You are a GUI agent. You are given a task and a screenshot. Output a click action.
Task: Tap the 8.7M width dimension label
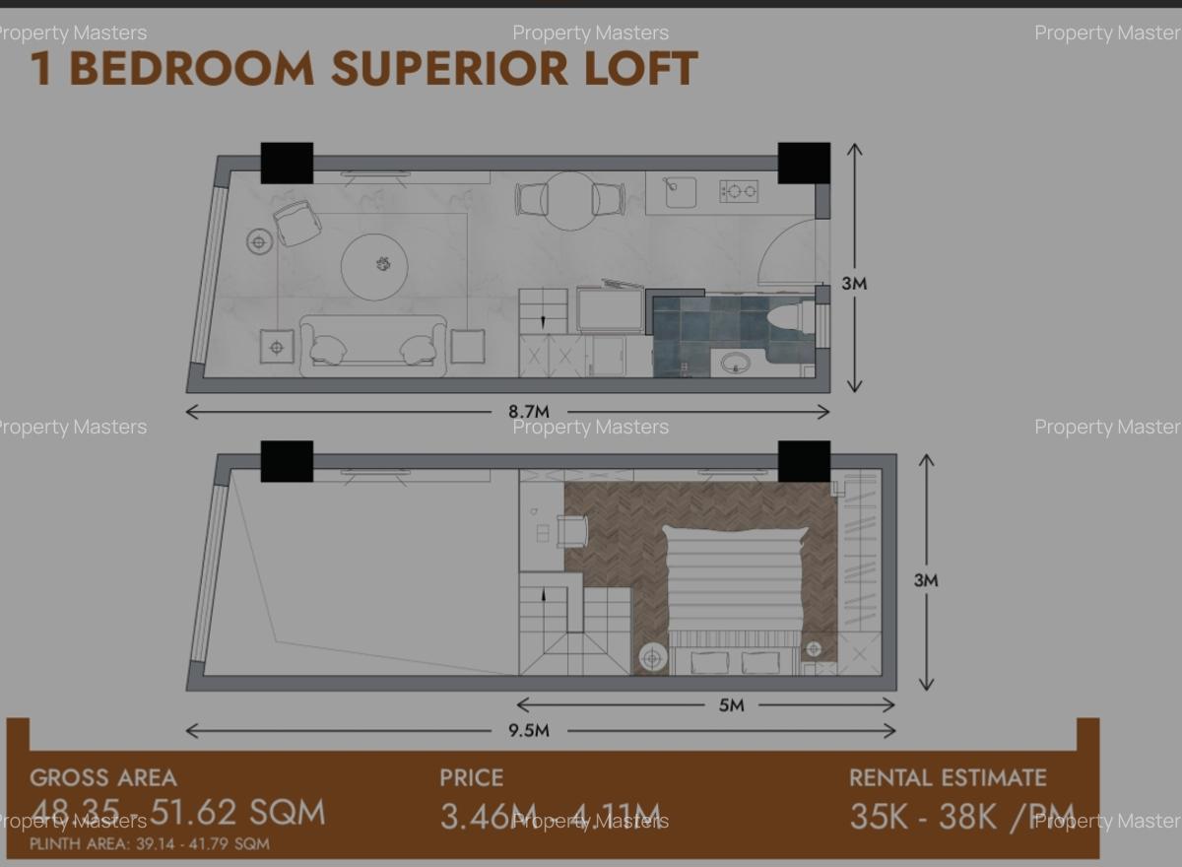(x=529, y=412)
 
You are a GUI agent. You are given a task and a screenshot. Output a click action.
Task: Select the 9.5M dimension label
(x=529, y=731)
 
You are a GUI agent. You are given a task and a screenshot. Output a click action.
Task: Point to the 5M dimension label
(x=731, y=705)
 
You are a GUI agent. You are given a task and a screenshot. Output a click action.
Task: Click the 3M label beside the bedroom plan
(x=925, y=580)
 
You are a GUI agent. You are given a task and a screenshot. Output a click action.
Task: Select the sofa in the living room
(x=373, y=342)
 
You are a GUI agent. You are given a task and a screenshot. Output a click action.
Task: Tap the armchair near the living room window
(x=296, y=223)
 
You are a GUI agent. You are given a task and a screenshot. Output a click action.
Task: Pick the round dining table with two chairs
(x=570, y=201)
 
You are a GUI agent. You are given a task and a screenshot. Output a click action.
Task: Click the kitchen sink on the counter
(x=680, y=192)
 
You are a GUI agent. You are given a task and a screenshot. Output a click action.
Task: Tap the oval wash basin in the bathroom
(x=735, y=364)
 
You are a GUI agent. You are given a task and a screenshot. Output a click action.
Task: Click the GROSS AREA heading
(x=103, y=777)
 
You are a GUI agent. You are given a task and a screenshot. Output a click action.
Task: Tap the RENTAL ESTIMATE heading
(x=948, y=777)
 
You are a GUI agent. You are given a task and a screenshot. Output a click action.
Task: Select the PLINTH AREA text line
(x=149, y=843)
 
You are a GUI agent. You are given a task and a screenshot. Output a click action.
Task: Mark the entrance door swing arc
(x=788, y=251)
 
